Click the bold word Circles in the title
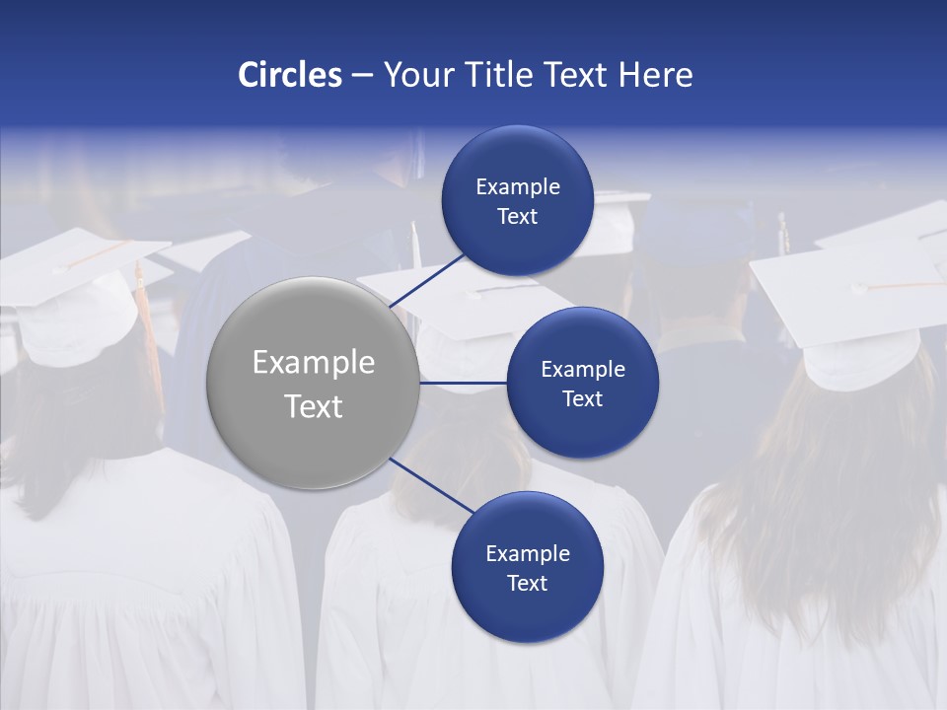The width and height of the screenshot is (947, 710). tap(289, 75)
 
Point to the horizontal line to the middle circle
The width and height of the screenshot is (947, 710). tap(463, 383)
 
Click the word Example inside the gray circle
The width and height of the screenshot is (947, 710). tap(313, 363)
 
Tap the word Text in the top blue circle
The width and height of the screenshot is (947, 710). tap(517, 217)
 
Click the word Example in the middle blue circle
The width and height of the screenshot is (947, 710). tap(582, 370)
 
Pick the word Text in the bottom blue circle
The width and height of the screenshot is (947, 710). tap(527, 583)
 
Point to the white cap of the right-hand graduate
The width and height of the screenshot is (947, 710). tap(848, 296)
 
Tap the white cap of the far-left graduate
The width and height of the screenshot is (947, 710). tap(74, 286)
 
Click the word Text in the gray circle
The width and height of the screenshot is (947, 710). tap(313, 406)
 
